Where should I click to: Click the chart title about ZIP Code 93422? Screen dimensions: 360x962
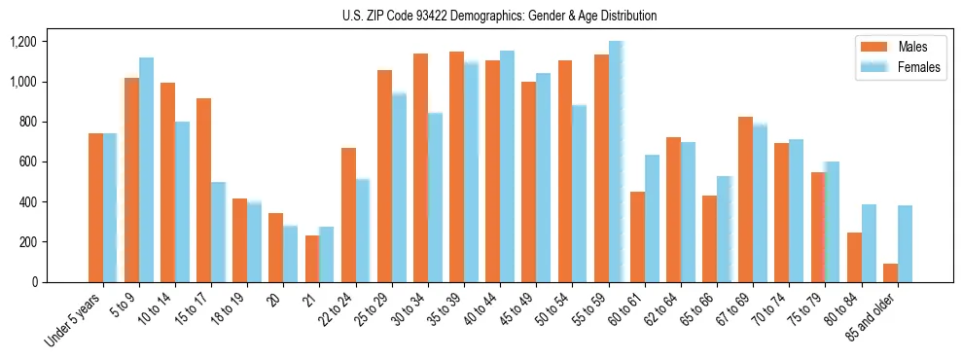pos(499,16)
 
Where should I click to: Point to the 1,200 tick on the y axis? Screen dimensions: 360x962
pos(22,42)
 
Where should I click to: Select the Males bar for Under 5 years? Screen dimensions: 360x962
pos(95,208)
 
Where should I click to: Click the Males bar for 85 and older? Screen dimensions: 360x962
pos(890,273)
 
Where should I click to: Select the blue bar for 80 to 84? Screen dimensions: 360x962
pos(869,243)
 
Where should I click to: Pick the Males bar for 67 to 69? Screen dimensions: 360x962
pos(745,199)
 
